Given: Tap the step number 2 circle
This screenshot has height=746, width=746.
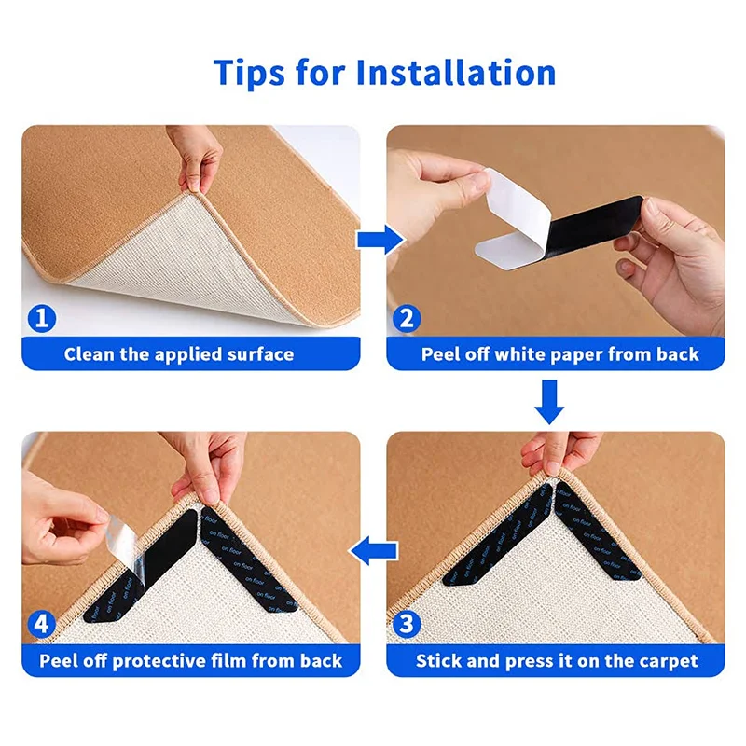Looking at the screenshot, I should click(406, 319).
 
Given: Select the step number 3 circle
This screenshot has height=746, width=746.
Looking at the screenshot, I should click(406, 624).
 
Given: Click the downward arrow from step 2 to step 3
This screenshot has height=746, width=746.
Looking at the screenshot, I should click(551, 400).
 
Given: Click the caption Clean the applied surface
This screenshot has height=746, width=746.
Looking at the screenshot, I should click(179, 354).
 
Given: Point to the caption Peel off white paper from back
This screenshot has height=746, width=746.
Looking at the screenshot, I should click(559, 354).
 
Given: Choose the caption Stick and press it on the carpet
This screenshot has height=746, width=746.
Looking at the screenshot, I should click(557, 661).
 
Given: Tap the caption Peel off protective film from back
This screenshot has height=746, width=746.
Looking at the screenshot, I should click(191, 661).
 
